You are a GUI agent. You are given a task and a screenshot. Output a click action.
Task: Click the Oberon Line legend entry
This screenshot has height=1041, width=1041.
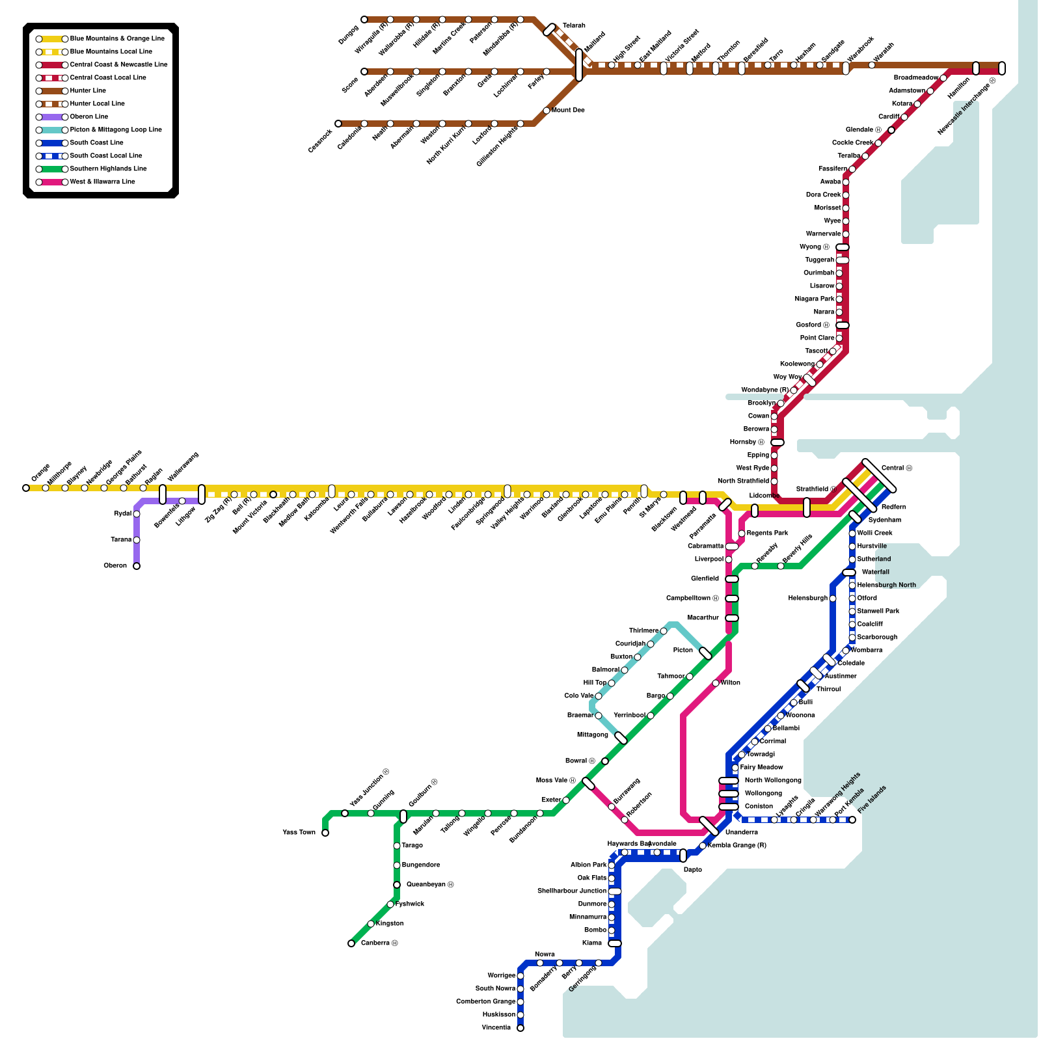(88, 117)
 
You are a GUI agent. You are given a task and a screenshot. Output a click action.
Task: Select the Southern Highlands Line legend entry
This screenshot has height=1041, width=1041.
(108, 169)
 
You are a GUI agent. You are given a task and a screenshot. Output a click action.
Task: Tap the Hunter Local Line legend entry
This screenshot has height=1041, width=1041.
(97, 104)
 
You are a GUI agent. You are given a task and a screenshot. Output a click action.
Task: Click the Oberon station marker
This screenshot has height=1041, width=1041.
(137, 566)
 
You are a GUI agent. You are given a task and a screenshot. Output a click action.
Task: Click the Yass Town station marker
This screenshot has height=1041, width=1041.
(325, 833)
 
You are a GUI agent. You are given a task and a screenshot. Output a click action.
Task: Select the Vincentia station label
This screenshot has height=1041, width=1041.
(496, 1028)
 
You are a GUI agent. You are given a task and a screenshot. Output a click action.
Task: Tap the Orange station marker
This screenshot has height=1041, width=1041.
(26, 488)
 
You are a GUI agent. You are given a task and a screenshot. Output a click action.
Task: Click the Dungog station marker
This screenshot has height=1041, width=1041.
(364, 20)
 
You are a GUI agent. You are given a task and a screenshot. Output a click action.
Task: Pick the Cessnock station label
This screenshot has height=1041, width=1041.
(320, 141)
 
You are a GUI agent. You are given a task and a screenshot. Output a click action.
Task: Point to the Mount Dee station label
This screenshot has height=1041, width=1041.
(568, 111)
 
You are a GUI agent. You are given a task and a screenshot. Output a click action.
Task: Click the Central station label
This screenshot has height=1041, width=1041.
(897, 468)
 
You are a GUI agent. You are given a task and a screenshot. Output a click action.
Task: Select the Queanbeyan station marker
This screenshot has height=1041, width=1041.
(397, 885)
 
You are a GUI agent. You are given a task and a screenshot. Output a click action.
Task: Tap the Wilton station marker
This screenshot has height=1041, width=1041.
(716, 683)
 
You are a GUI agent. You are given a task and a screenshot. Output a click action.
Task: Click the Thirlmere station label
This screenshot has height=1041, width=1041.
(643, 631)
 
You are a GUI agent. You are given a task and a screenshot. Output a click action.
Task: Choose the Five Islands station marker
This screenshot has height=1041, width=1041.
(852, 820)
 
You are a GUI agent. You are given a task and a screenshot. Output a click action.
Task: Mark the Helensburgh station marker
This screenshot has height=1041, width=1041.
(833, 599)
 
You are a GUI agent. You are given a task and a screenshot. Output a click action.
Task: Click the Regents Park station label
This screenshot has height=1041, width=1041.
(767, 534)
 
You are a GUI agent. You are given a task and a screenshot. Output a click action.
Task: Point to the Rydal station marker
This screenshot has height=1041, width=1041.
(137, 514)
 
